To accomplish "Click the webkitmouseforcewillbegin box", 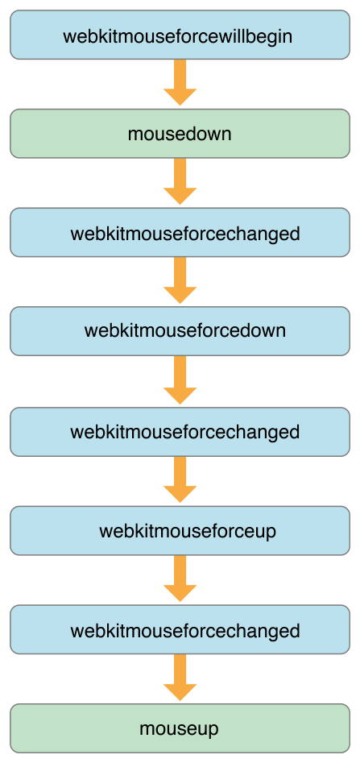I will (180, 35).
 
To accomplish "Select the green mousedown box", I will (180, 134).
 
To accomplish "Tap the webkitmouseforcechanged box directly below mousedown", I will (180, 234).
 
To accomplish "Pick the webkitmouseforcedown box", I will (180, 331).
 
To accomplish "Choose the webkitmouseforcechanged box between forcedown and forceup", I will (180, 432).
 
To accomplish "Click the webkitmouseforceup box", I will (180, 531).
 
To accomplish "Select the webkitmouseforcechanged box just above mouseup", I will (180, 630).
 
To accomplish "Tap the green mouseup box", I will (180, 729).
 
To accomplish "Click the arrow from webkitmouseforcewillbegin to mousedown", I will (180, 82).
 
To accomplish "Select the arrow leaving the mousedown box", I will (180, 181).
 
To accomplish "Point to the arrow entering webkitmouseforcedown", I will (180, 280).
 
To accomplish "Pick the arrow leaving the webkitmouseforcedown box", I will (180, 379).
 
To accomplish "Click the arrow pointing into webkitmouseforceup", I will (180, 479).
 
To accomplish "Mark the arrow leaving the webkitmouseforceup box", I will (180, 578).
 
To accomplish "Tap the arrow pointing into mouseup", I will (180, 677).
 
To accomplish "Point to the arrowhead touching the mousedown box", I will (180, 97).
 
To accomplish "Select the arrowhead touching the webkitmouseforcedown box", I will (180, 295).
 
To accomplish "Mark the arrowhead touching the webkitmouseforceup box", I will (180, 494).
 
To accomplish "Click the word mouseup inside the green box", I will (180, 729).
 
